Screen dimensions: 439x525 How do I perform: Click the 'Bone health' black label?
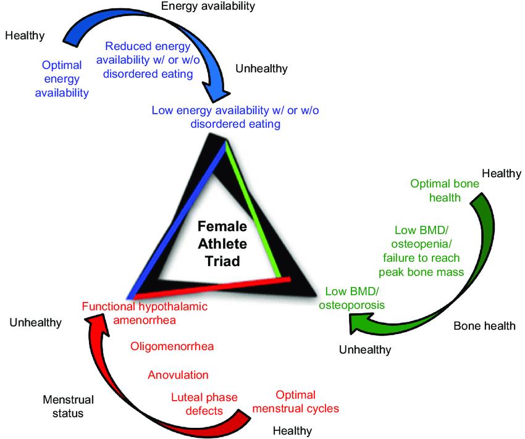(484, 326)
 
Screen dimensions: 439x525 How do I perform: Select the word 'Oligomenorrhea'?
(172, 346)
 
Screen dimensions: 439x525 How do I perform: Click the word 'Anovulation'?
(178, 375)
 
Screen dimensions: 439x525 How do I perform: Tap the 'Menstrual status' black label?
(63, 406)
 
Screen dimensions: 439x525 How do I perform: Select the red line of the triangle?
(210, 287)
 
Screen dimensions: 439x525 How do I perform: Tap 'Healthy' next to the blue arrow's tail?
(25, 35)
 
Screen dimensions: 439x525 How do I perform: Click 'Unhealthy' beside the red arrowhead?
(36, 322)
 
